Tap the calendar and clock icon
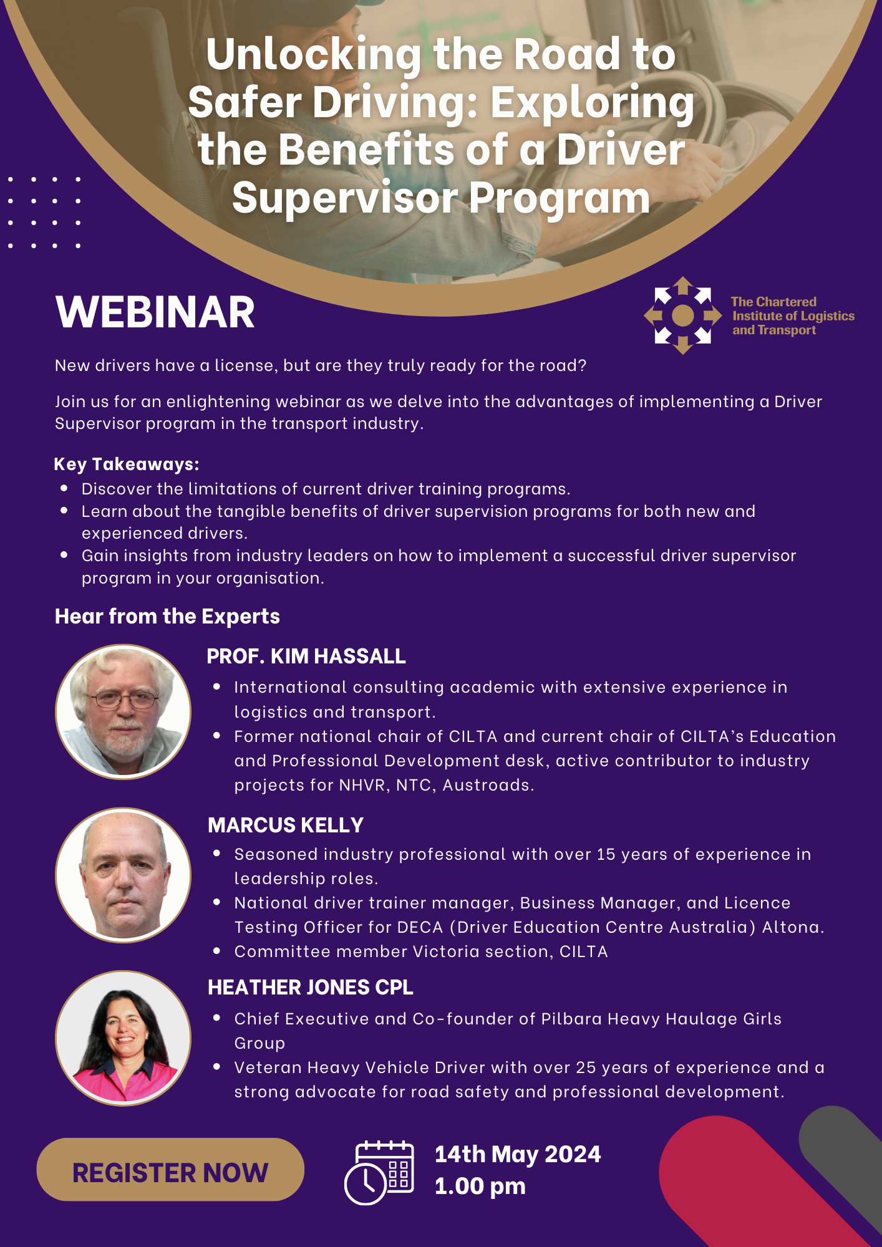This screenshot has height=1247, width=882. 379,1172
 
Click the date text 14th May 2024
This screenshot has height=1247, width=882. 518,1154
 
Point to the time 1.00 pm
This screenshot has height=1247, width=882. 480,1186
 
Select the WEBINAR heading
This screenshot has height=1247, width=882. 155,312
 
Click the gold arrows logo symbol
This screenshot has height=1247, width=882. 683,315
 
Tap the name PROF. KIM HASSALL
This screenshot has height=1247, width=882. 306,656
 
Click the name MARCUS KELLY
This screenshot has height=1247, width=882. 286,825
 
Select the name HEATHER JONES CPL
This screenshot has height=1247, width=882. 311,987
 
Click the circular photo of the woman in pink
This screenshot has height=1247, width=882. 124,1038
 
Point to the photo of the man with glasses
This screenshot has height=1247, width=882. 124,711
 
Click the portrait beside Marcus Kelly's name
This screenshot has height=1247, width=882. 124,875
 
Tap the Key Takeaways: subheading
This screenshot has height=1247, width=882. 127,464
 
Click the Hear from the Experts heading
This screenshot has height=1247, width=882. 167,616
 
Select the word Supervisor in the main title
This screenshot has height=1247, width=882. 345,198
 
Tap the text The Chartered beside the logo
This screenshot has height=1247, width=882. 774,302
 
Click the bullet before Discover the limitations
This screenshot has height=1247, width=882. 64,488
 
